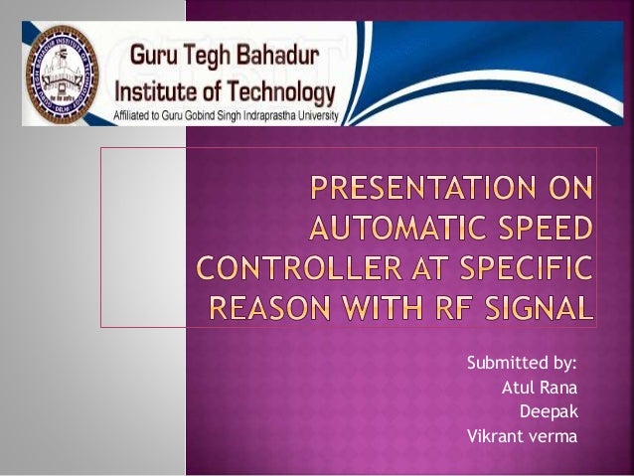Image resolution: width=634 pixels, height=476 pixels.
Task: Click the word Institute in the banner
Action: (158, 93)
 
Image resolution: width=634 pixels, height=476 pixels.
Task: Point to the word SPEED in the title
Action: (545, 232)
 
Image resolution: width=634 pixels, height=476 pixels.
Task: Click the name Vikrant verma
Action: (522, 435)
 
